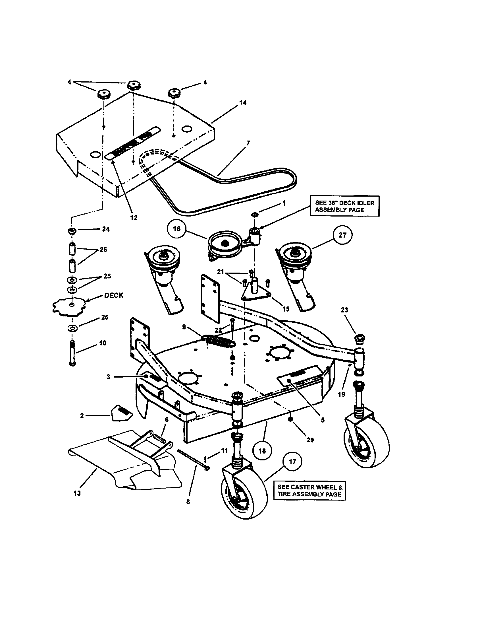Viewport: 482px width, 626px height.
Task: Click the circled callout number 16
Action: (x=176, y=228)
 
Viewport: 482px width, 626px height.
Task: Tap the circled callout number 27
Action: (x=342, y=235)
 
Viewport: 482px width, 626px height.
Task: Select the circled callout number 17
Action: (x=292, y=462)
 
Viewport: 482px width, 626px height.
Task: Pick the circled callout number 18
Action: (x=262, y=451)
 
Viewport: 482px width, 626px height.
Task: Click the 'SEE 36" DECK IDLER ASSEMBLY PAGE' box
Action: (x=345, y=206)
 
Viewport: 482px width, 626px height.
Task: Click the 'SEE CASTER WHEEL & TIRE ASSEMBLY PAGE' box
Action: (x=309, y=491)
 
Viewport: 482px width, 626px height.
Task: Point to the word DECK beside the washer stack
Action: (x=114, y=296)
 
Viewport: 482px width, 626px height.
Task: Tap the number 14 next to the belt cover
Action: (x=243, y=103)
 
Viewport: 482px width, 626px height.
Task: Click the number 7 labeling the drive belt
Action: (x=248, y=143)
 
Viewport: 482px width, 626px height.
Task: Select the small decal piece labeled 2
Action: (x=120, y=413)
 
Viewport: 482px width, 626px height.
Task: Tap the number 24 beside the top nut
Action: (x=106, y=229)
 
